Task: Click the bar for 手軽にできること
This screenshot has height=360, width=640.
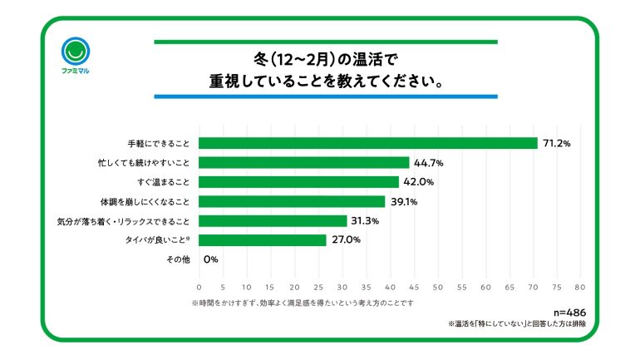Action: coord(367,143)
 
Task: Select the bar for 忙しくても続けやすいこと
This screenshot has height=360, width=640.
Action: coord(303,163)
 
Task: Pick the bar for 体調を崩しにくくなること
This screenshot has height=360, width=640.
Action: coord(291,201)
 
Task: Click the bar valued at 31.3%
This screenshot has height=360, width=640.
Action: coord(272,221)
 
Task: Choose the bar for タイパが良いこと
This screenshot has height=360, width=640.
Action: coord(262,240)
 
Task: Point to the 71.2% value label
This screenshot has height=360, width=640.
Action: coord(556,143)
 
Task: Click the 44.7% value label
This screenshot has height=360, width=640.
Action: coord(428,163)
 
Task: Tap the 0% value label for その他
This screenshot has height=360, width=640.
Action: coord(210,260)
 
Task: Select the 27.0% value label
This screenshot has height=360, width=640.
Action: coord(345,240)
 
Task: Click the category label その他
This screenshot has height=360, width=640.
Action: coord(180,260)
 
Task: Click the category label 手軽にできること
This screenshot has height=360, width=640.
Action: coord(158,143)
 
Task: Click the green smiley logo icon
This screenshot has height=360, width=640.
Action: coord(76,52)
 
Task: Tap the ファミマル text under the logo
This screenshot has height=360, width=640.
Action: coord(76,72)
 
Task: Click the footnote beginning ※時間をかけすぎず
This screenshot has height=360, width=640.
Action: coord(303,303)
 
